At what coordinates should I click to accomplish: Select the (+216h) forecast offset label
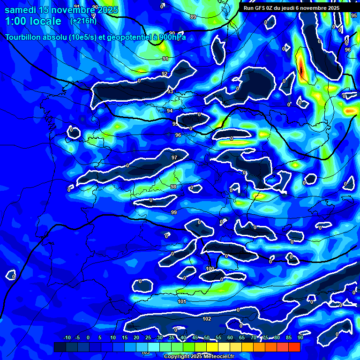(x=83, y=21)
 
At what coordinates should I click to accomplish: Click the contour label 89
(x=193, y=17)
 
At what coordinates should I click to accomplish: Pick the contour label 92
(x=165, y=74)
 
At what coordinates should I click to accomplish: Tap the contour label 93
(x=170, y=91)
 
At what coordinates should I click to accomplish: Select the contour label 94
(x=170, y=111)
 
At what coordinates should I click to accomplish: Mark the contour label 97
(x=174, y=157)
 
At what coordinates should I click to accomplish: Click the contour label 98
(x=173, y=187)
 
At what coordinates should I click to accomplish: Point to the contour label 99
(x=174, y=212)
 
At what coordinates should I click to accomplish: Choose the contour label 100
(x=210, y=269)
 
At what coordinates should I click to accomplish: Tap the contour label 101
(x=182, y=301)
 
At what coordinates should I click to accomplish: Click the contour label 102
(x=207, y=319)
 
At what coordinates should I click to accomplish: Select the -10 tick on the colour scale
(x=67, y=337)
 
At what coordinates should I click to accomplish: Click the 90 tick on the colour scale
(x=300, y=337)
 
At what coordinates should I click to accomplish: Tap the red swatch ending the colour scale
(x=294, y=347)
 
